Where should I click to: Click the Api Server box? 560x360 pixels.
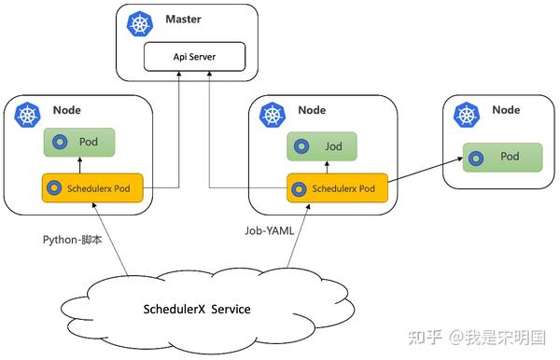click(194, 56)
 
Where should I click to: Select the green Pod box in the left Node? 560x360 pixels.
click(80, 143)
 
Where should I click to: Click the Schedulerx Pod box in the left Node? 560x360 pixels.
click(91, 188)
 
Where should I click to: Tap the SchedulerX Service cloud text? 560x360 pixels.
click(197, 309)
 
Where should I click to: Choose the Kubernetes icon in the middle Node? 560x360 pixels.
click(273, 115)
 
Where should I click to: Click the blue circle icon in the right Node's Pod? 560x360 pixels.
click(478, 156)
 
